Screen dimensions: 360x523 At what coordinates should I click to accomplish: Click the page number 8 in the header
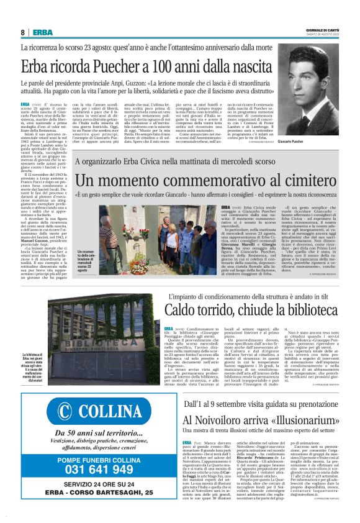(22, 32)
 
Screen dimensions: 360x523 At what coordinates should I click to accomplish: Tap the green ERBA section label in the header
(42, 32)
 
